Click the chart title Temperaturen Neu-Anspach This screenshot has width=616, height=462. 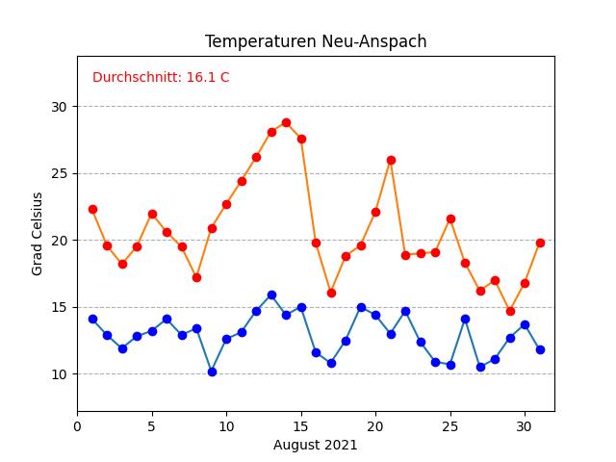316,41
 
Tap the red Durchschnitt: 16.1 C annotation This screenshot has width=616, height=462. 161,77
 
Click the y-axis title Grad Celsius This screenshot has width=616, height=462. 38,234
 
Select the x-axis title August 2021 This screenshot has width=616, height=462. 316,445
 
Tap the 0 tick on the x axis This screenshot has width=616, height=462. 77,424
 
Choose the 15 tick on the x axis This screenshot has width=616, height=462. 301,424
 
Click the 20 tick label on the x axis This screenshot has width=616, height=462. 375,424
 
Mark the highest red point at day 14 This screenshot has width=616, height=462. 286,122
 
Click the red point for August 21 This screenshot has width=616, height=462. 391,160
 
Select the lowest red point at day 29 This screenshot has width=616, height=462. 510,311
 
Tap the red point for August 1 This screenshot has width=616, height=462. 92,209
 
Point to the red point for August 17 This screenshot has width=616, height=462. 331,293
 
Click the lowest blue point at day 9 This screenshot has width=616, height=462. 212,372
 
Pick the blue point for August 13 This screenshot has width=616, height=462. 271,295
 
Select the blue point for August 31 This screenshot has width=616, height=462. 540,349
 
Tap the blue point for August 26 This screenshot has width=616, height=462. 465,319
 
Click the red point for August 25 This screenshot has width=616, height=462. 450,218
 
